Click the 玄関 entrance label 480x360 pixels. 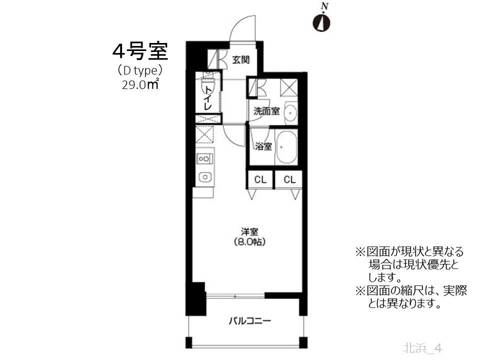240,60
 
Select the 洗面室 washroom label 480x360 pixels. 266,111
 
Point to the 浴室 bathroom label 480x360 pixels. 263,146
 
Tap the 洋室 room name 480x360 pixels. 249,231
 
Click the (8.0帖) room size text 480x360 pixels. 249,242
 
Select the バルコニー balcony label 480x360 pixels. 250,320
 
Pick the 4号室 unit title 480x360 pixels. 139,51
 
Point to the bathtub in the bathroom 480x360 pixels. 286,147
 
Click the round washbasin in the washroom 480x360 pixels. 290,113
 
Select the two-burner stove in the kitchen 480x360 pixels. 204,159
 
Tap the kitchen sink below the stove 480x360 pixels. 204,176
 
